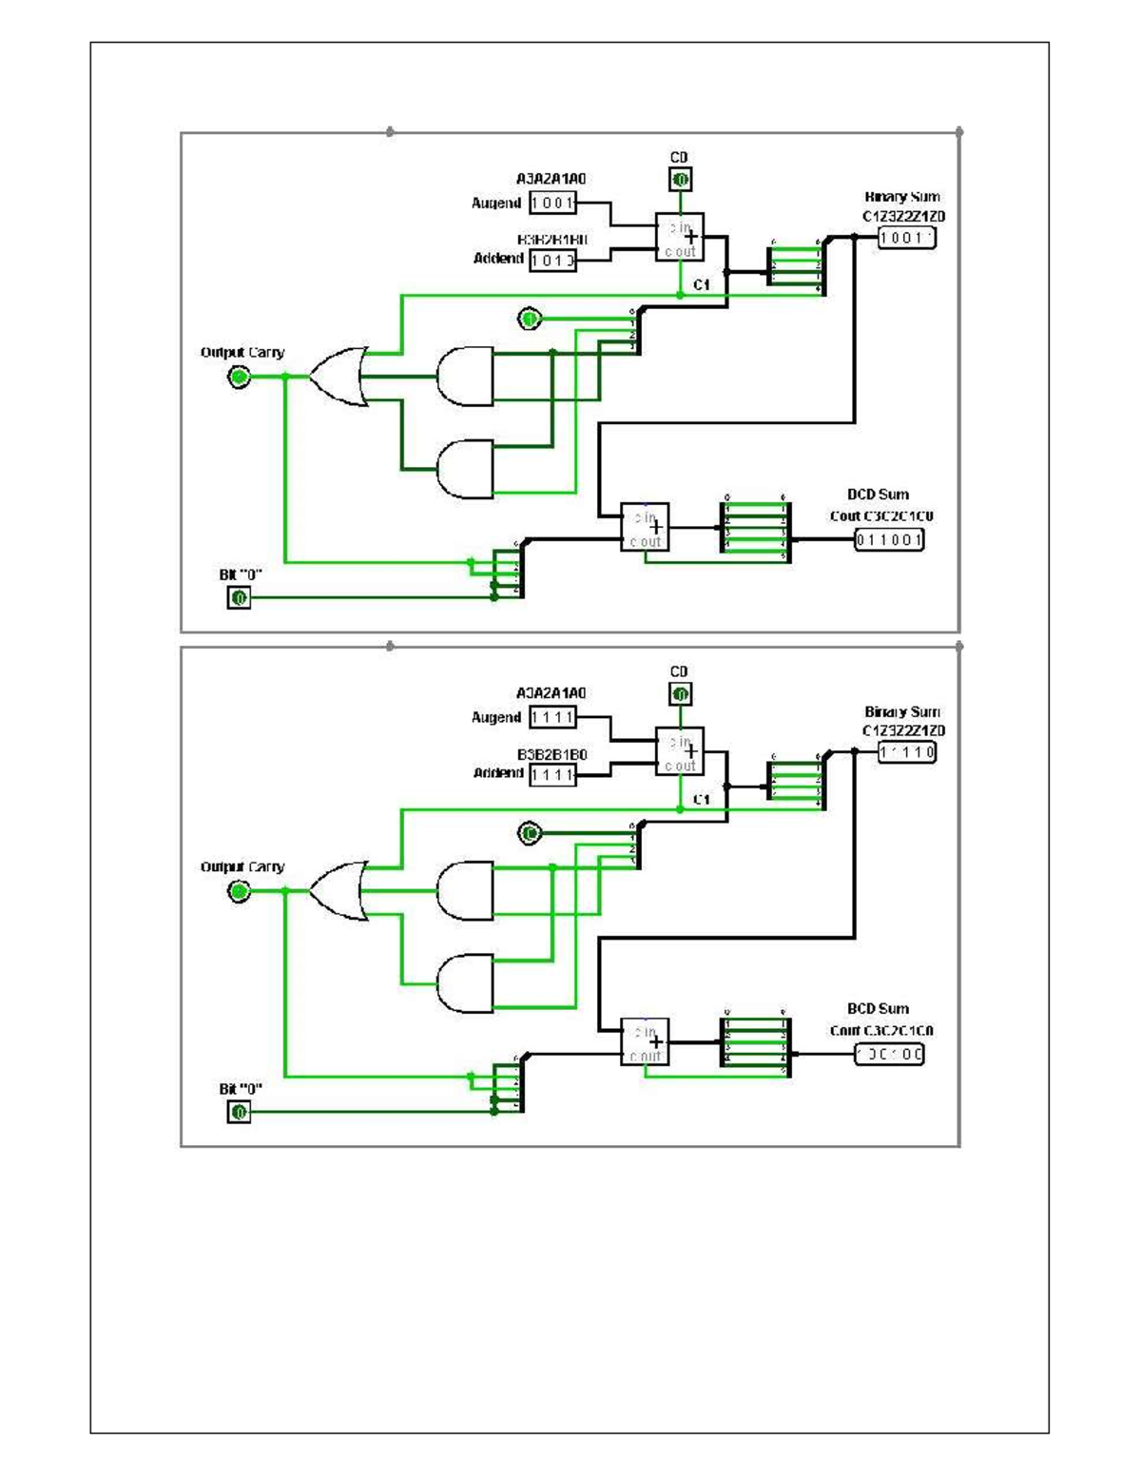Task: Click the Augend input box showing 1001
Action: (552, 203)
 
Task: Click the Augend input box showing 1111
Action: (552, 717)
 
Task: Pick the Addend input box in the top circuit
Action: (552, 260)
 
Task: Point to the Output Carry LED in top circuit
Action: (239, 378)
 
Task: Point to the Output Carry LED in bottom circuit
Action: (239, 892)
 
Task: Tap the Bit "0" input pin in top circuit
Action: (239, 597)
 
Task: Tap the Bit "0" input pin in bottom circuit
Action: (239, 1112)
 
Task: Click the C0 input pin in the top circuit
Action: (680, 179)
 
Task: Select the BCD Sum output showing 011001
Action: (889, 540)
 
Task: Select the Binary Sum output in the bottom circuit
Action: (907, 752)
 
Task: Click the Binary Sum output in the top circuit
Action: (907, 238)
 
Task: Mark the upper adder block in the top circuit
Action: (680, 237)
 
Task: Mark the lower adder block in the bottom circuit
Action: (645, 1041)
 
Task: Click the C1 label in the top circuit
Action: (702, 284)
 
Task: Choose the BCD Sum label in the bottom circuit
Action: (878, 1008)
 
